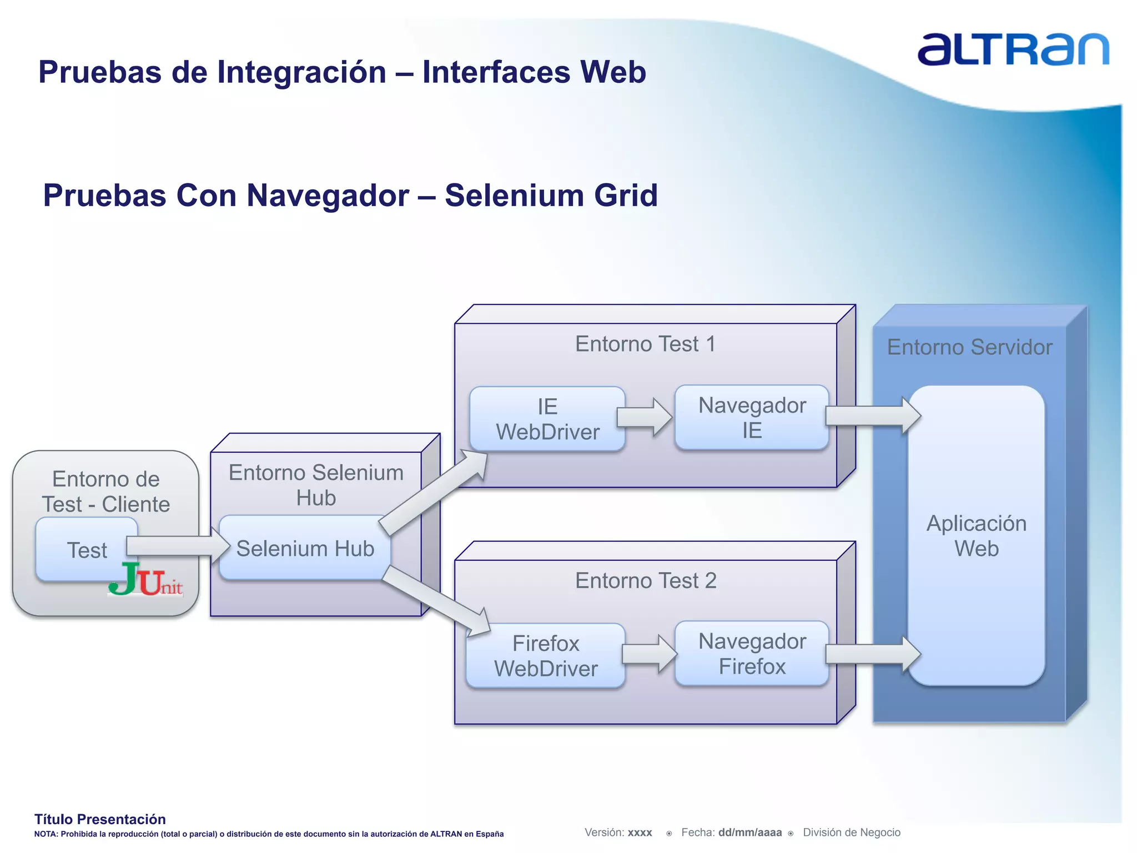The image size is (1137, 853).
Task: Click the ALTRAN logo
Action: pos(1013,50)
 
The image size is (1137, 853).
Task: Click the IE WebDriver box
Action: pos(547,419)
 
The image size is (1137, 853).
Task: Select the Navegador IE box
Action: pos(752,418)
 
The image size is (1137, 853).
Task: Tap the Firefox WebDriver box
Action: pos(546,656)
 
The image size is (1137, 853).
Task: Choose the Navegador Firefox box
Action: pos(752,654)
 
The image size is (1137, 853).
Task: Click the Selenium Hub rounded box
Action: pos(305,549)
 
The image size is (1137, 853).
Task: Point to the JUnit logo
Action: pos(145,580)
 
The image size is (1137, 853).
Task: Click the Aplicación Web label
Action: pos(976,536)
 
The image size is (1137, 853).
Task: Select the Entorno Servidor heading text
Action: pos(969,348)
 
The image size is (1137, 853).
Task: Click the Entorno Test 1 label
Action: pos(645,344)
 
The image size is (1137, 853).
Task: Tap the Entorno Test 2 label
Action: pos(645,581)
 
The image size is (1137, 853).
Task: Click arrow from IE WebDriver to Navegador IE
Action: pos(644,417)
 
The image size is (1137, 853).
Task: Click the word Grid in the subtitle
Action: pos(626,195)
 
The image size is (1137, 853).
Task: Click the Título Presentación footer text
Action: pos(100,819)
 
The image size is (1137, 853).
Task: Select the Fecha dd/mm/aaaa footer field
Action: pos(731,832)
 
